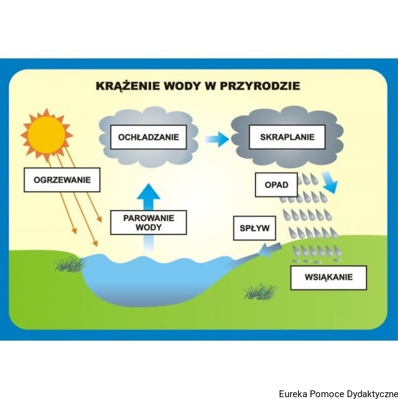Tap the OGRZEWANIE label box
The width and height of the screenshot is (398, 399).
62,180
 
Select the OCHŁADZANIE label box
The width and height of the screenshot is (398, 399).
148,137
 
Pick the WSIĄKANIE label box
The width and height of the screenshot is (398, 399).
328,278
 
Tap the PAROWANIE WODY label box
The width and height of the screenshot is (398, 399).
148,222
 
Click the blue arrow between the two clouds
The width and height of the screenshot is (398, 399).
216,139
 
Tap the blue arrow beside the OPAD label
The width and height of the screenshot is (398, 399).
330,183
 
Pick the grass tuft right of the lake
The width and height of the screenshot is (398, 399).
260,291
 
